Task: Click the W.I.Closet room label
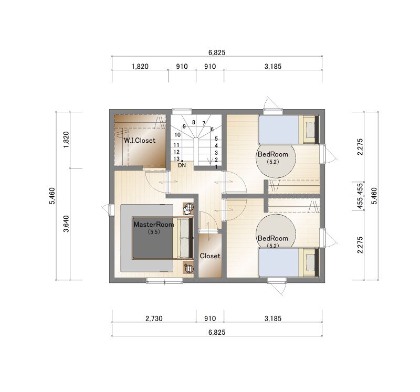(x=140, y=140)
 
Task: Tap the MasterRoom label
(x=154, y=225)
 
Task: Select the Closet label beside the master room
(x=210, y=256)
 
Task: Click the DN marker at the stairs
(x=182, y=165)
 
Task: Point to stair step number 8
(x=194, y=122)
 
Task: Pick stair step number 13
(x=176, y=159)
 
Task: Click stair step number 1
(x=216, y=167)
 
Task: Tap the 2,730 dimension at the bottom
(x=154, y=319)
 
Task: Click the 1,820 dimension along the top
(x=140, y=66)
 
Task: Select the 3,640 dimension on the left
(x=66, y=224)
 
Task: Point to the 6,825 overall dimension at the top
(x=217, y=52)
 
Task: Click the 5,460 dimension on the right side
(x=374, y=196)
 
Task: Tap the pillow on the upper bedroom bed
(x=310, y=130)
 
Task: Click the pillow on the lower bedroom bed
(x=310, y=262)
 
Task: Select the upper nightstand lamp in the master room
(x=188, y=207)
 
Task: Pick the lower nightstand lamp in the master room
(x=189, y=268)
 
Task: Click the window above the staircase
(x=182, y=111)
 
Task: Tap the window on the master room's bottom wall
(x=164, y=280)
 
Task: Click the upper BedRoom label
(x=272, y=154)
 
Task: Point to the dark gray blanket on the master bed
(x=153, y=238)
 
